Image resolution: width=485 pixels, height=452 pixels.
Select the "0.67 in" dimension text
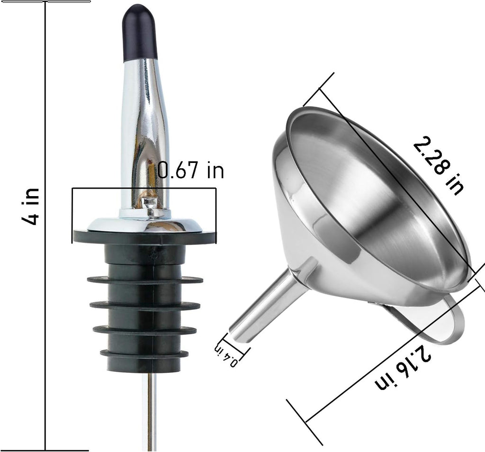point(190,170)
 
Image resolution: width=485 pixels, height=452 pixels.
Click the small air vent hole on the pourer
point(150,203)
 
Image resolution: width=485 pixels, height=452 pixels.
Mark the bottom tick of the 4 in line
point(66,450)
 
